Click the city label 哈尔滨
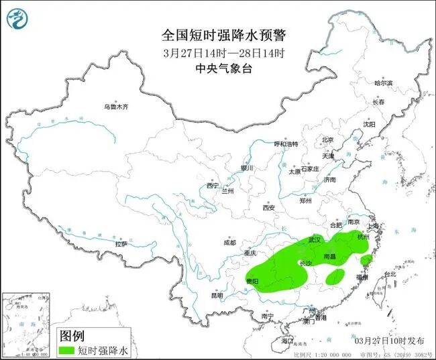click(384, 83)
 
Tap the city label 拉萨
click(121, 245)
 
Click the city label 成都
click(230, 243)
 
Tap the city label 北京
click(327, 140)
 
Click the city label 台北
click(388, 274)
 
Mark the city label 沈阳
click(370, 124)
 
